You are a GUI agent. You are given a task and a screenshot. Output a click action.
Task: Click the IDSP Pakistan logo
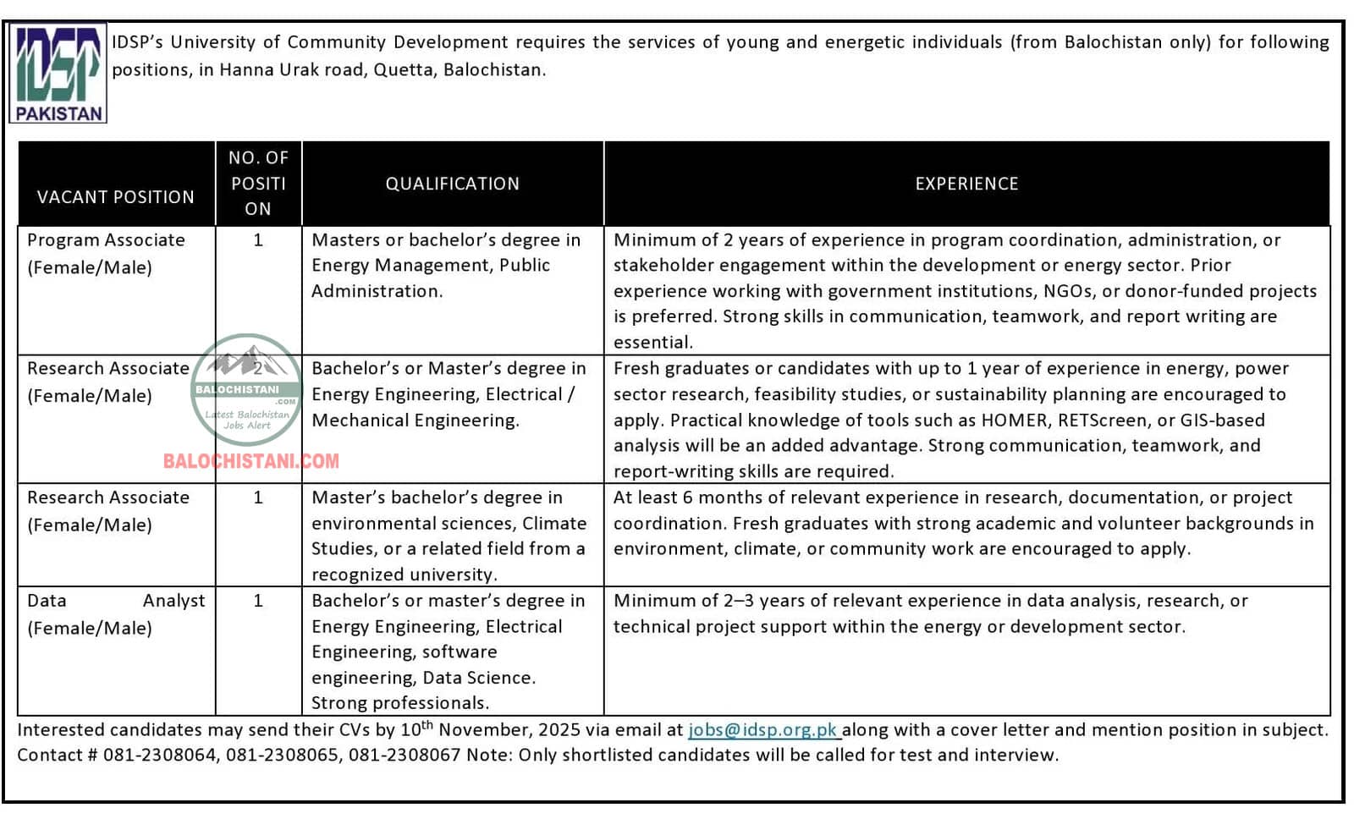click(x=58, y=74)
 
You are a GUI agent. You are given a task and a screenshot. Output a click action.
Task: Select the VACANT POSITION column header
click(x=116, y=197)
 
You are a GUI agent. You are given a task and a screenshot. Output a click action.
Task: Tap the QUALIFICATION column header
click(x=453, y=184)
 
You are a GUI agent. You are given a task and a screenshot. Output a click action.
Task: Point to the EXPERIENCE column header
click(x=966, y=184)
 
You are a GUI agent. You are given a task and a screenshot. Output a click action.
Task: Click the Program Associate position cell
click(x=106, y=253)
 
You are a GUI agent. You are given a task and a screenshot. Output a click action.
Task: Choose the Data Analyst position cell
click(x=116, y=613)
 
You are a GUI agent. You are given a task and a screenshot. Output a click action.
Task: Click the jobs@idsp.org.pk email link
click(x=762, y=730)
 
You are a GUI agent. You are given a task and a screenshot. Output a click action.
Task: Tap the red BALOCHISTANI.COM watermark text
click(x=251, y=461)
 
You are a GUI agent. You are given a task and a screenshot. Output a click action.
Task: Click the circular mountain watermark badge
click(x=246, y=389)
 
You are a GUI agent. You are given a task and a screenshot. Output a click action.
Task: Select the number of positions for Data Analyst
click(x=258, y=601)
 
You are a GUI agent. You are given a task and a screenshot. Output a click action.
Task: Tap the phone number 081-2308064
click(x=160, y=756)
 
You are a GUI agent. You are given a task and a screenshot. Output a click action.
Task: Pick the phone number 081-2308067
click(x=404, y=756)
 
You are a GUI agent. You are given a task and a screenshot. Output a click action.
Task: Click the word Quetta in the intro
click(x=404, y=70)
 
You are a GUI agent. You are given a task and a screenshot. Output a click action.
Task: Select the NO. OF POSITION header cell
click(x=258, y=184)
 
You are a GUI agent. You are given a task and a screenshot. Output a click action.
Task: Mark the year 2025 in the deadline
click(x=559, y=730)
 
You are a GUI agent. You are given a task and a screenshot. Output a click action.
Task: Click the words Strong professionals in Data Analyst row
click(x=399, y=703)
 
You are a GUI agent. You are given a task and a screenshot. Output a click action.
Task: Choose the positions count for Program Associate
click(x=258, y=240)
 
